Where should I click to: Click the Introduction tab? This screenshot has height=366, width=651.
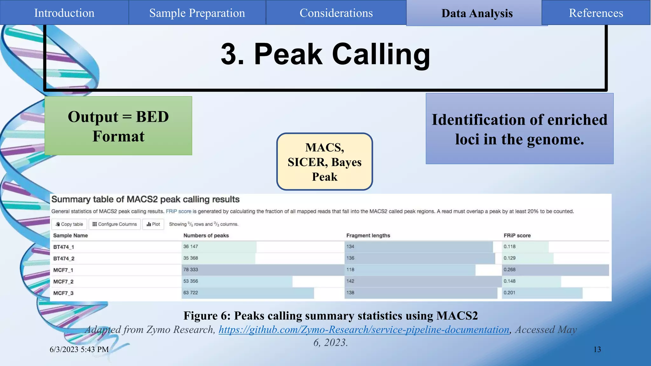[x=64, y=13]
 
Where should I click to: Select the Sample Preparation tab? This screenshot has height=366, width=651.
[x=197, y=13]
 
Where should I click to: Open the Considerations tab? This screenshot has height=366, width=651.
[x=336, y=13]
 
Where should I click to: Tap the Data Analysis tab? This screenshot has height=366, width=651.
[x=477, y=13]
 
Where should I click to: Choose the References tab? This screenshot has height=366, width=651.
[x=596, y=13]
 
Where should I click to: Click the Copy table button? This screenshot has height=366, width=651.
[x=69, y=224]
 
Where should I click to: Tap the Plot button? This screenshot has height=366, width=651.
[x=153, y=224]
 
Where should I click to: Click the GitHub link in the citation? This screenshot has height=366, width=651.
[x=364, y=330]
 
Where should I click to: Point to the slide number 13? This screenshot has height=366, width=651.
[x=597, y=349]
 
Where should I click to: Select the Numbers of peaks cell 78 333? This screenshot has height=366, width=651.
[x=191, y=270]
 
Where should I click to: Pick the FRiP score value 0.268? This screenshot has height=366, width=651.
[x=510, y=270]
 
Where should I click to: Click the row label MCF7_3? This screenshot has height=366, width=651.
[x=63, y=293]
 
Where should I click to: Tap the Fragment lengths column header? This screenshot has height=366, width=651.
[x=368, y=235]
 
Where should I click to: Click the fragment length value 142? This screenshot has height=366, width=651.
[x=350, y=281]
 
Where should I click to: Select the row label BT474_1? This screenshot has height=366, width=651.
[x=64, y=247]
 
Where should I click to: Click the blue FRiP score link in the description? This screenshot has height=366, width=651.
[x=178, y=211]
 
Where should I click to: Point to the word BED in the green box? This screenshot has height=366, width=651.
[x=152, y=117]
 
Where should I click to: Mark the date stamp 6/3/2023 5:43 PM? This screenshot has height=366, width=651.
[x=79, y=349]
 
